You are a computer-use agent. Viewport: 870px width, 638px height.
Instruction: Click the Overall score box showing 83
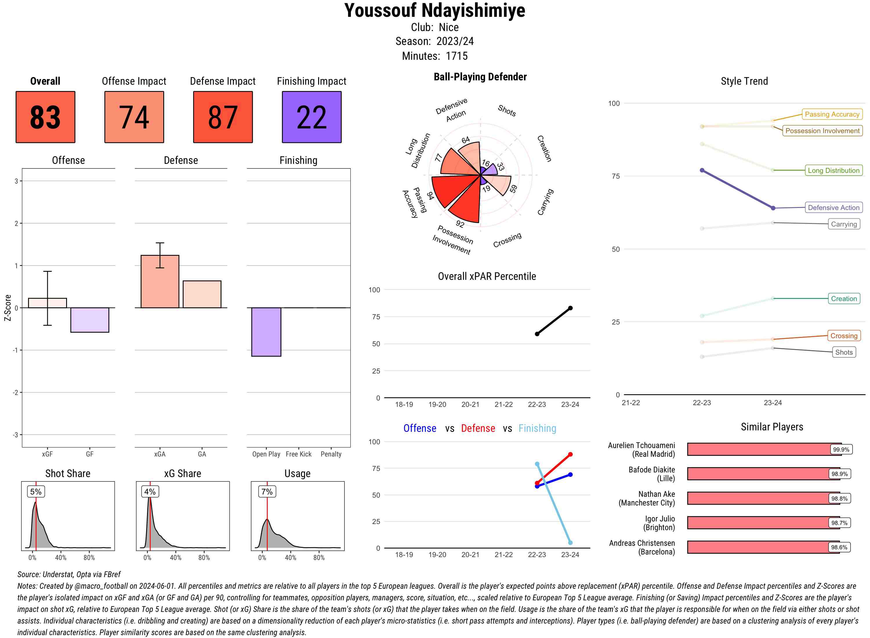pyautogui.click(x=45, y=117)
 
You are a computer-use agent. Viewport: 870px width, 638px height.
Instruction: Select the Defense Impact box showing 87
pyautogui.click(x=223, y=117)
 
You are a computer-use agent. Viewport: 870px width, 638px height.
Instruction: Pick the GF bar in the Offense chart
pyautogui.click(x=90, y=320)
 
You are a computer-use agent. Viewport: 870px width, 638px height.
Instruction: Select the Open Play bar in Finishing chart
pyautogui.click(x=266, y=332)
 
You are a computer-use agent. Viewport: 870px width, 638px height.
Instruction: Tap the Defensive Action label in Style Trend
pyautogui.click(x=833, y=208)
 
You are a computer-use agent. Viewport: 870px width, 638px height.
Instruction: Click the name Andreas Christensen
pyautogui.click(x=642, y=543)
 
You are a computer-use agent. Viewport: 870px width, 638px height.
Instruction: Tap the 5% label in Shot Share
pyautogui.click(x=36, y=492)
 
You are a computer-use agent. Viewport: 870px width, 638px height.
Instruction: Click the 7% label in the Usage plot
pyautogui.click(x=267, y=492)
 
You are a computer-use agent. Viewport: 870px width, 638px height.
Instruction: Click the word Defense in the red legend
pyautogui.click(x=478, y=428)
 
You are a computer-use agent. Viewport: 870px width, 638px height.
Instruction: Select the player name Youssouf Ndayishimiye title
pyautogui.click(x=435, y=11)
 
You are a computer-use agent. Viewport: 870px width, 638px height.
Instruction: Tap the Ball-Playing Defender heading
pyautogui.click(x=480, y=77)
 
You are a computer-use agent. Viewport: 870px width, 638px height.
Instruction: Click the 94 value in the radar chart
pyautogui.click(x=430, y=196)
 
